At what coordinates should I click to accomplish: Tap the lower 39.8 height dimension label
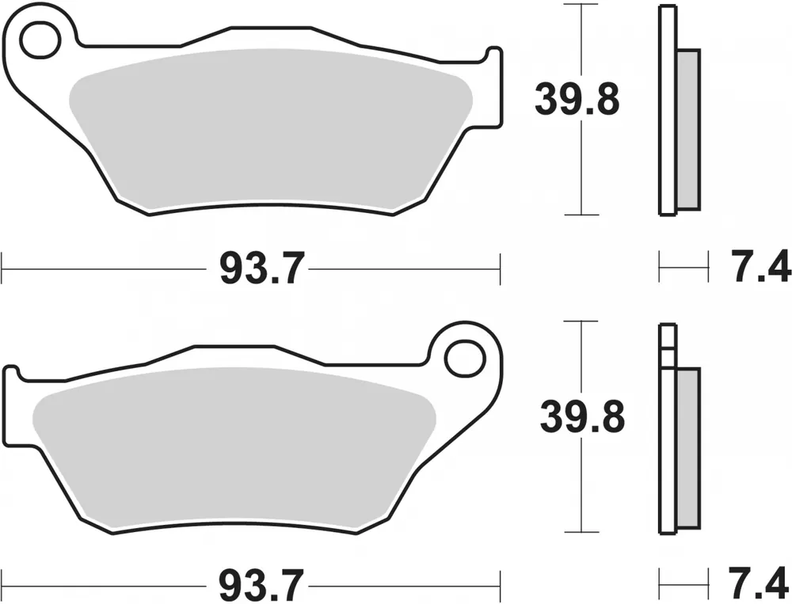[582, 416]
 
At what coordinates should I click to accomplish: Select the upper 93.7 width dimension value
[262, 268]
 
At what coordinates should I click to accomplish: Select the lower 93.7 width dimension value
[262, 585]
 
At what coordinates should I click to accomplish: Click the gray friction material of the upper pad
[270, 129]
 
